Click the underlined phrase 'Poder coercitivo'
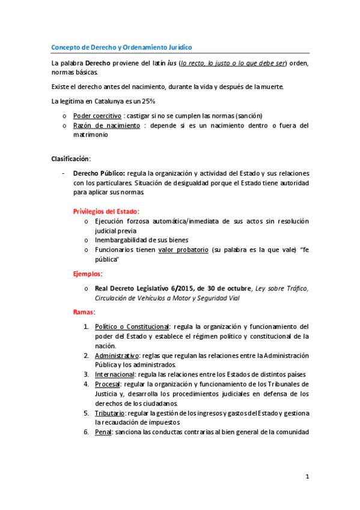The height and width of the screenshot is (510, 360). coord(97,115)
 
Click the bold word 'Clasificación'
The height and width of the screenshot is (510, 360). coord(70,159)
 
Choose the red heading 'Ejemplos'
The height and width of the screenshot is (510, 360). coord(87,274)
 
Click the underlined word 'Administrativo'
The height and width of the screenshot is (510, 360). coord(117,355)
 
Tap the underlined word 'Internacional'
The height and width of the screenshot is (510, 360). coord(116,374)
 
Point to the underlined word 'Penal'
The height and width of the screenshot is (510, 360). coord(103,432)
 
